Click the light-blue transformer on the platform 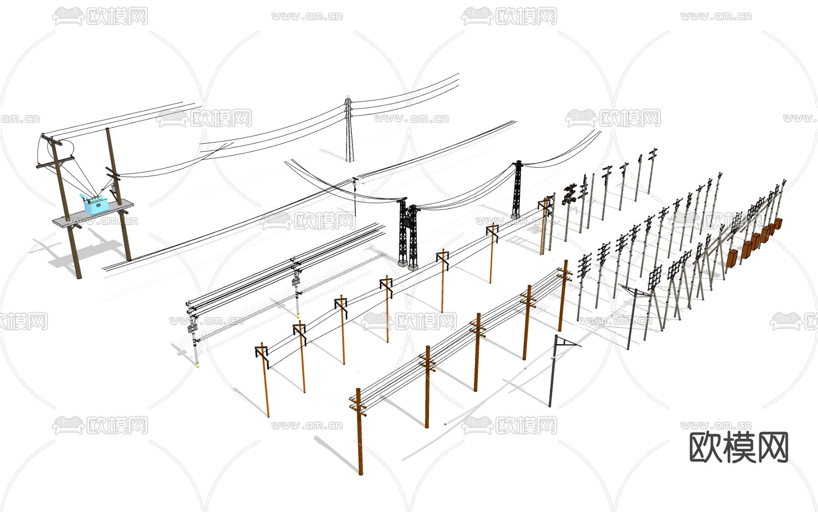tap(96, 205)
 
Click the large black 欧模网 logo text tap(739, 447)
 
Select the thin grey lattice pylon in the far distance tap(349, 129)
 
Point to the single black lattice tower tap(517, 189)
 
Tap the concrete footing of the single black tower tap(516, 216)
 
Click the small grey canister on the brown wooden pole tap(113, 187)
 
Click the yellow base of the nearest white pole tap(197, 363)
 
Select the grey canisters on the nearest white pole tap(193, 327)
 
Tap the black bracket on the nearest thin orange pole tap(263, 356)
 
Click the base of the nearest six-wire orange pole tap(361, 472)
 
